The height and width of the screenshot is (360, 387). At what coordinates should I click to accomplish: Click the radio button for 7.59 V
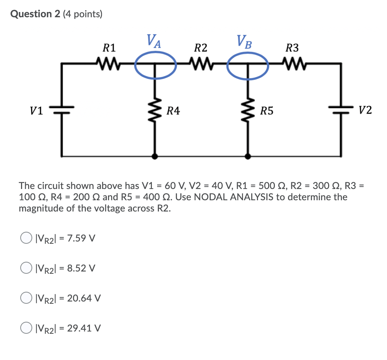(x=26, y=238)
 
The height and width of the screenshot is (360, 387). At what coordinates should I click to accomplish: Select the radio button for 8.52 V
(x=26, y=268)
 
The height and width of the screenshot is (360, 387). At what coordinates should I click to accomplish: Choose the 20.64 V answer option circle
(x=26, y=298)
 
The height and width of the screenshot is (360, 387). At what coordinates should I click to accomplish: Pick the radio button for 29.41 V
(x=26, y=328)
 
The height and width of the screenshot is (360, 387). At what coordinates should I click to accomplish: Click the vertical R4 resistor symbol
(x=155, y=110)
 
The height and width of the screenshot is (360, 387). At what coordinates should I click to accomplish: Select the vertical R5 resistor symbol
(x=247, y=110)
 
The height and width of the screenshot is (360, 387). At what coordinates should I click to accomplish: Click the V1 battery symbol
(x=62, y=110)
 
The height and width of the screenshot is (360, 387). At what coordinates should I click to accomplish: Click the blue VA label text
(x=154, y=40)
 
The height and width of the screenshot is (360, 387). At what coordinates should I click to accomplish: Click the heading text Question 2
(x=36, y=14)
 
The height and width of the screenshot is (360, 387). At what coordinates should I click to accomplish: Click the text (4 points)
(x=82, y=14)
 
